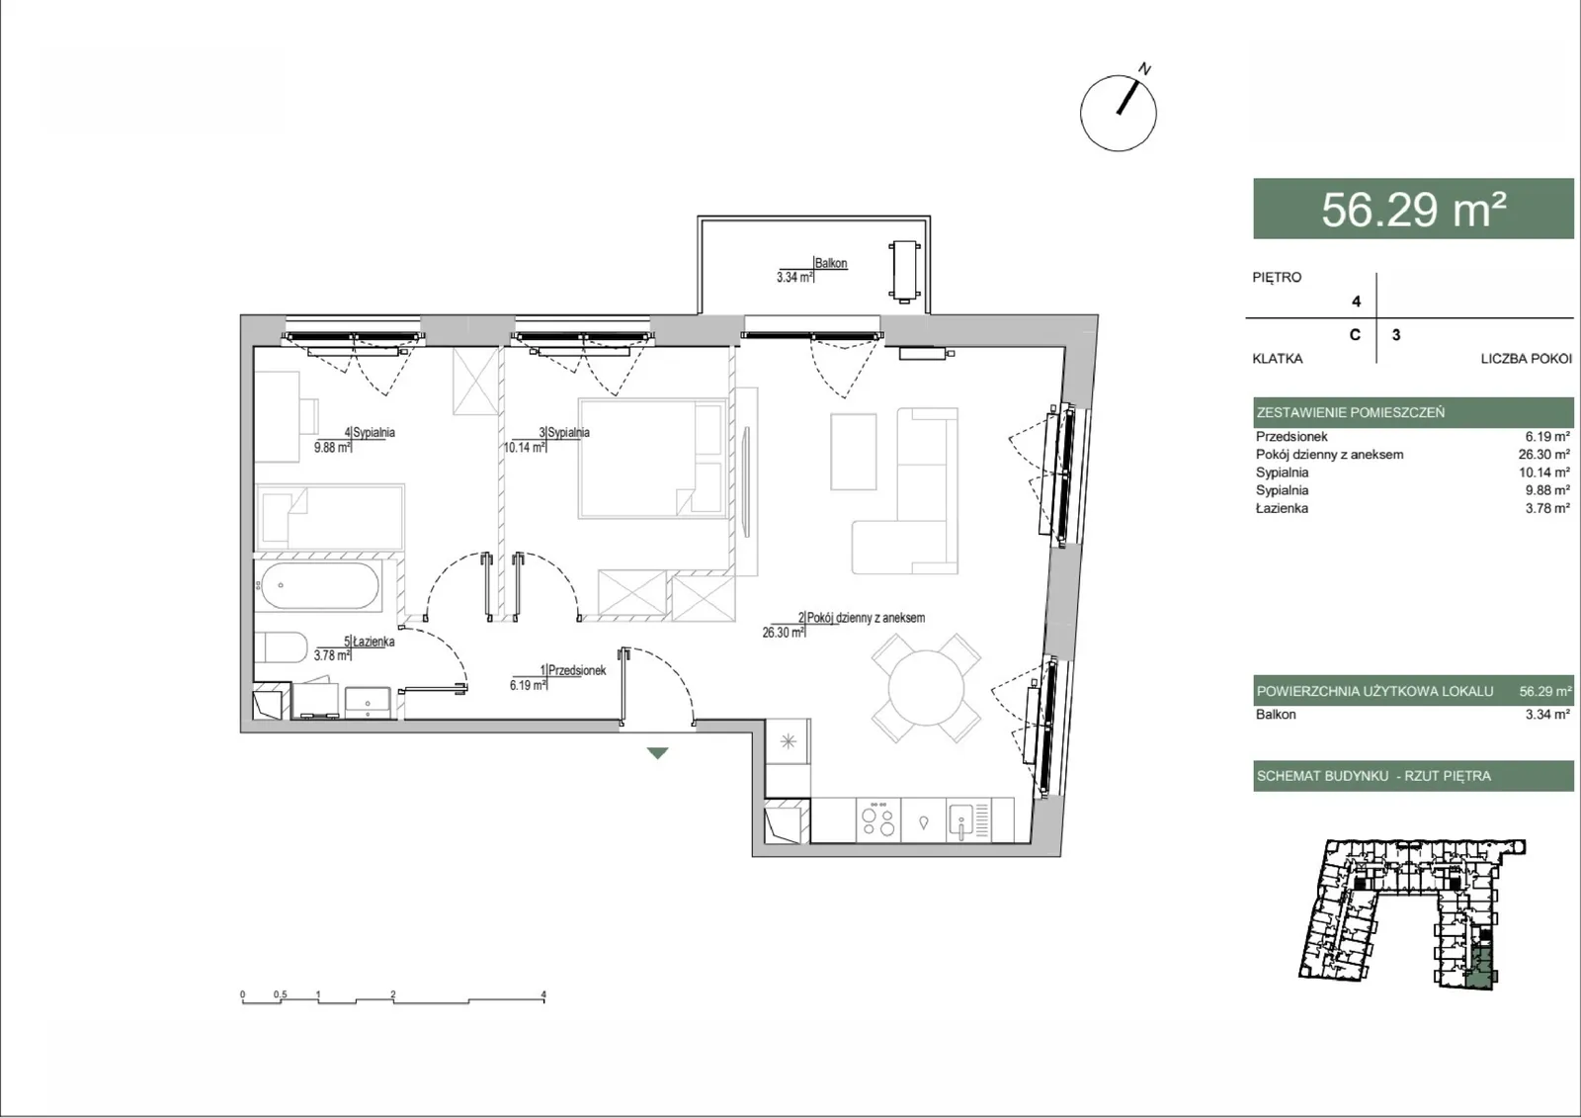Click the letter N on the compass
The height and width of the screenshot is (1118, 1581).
point(1145,68)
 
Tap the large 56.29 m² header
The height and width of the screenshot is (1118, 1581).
point(1413,209)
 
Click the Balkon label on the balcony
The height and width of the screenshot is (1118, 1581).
point(831,263)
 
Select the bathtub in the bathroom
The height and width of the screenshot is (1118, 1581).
point(318,585)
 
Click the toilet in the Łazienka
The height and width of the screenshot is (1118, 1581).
point(281,646)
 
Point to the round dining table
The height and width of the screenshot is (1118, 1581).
point(926,688)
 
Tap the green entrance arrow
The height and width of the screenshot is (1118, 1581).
point(658,753)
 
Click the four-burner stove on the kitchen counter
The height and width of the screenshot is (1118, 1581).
point(878,819)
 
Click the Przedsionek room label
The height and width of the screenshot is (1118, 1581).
point(577,670)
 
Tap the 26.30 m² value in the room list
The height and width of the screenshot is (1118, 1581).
point(1544,455)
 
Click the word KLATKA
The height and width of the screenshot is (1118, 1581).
point(1278,359)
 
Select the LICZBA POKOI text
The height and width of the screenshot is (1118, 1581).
point(1526,359)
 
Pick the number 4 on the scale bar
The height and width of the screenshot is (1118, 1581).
point(543,994)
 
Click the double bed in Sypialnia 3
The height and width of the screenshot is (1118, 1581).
point(653,459)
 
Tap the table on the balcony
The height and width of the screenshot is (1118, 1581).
point(904,272)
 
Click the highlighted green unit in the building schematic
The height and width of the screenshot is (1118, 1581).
point(1480,969)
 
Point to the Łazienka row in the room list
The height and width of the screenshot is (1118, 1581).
point(1412,508)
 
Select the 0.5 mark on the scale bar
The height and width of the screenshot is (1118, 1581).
point(281,994)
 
